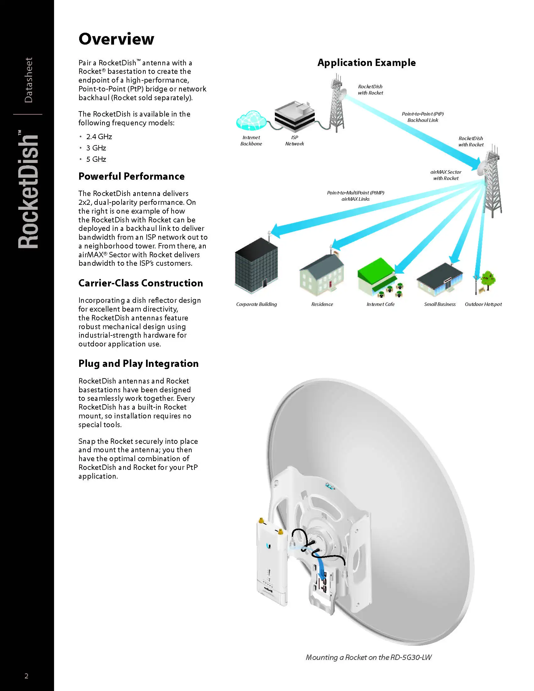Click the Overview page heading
click(x=116, y=39)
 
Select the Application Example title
click(x=366, y=63)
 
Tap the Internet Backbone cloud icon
click(x=251, y=121)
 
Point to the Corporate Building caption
click(x=256, y=304)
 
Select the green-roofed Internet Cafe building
click(x=379, y=276)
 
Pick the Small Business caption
click(x=440, y=304)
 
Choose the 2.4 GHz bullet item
click(x=99, y=137)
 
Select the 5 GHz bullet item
click(x=96, y=159)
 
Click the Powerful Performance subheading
click(x=131, y=176)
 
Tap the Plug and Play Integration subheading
click(x=139, y=363)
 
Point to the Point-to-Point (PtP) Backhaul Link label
click(x=422, y=117)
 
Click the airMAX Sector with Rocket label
click(x=446, y=175)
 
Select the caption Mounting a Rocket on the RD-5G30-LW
click(x=368, y=657)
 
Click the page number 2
click(x=27, y=676)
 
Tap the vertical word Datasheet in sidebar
click(x=29, y=80)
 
